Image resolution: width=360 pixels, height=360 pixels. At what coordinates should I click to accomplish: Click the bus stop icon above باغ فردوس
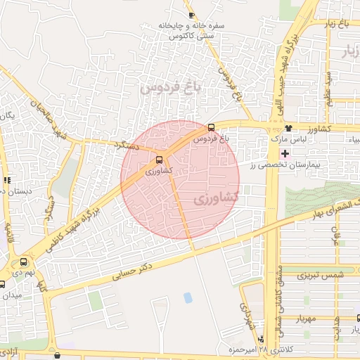(212, 128)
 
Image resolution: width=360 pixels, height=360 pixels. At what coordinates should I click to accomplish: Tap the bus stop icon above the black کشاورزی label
(160, 160)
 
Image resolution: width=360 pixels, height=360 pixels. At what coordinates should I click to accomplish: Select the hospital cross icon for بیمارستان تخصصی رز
(284, 153)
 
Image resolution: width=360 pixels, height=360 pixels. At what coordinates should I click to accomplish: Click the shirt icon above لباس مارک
(289, 128)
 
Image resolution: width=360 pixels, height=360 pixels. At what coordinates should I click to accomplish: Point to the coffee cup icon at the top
(191, 15)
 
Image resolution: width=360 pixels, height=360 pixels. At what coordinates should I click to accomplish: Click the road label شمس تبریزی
(314, 275)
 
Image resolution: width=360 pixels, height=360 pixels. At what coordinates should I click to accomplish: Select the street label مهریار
(307, 318)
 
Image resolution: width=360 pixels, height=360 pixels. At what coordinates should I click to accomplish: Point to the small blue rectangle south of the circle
(188, 297)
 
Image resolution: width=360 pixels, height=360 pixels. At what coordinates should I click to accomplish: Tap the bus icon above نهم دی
(25, 260)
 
